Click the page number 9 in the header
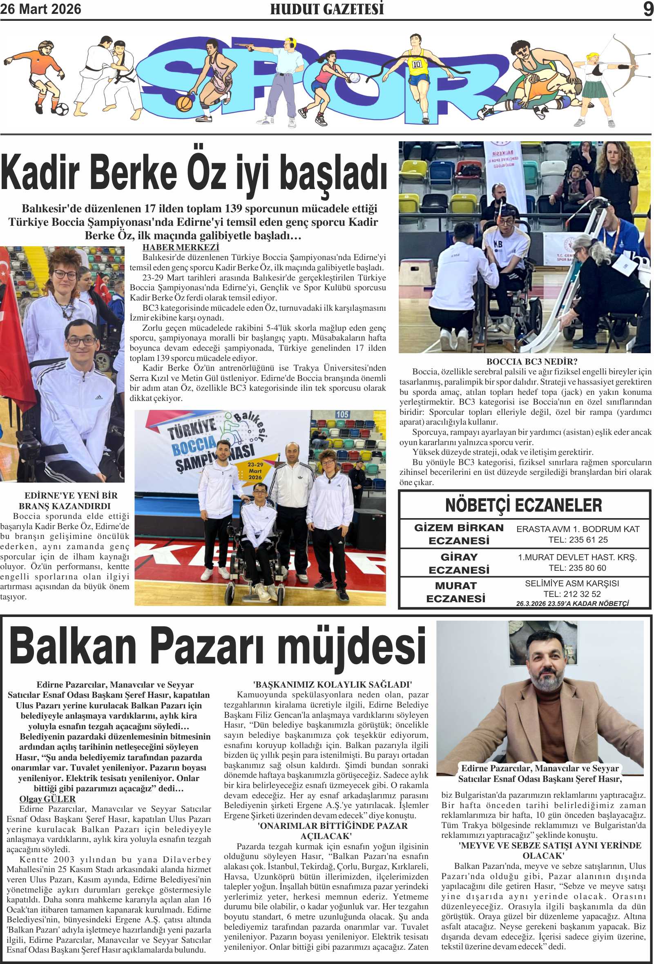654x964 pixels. pos(647,9)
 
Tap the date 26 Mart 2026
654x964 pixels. pos(41,9)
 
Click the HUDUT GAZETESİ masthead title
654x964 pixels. pos(326,9)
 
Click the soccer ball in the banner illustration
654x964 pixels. pos(61,109)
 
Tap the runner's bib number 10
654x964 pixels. pos(417,64)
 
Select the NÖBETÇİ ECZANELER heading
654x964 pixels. pos(524,505)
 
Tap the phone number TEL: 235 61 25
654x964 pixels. pos(578,540)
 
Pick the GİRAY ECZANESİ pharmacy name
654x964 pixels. pos(459,563)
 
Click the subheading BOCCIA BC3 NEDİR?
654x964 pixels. pos(532,362)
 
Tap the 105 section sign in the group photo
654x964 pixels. pos(342,414)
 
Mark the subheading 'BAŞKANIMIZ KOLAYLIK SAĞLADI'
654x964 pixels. pos(333,685)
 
